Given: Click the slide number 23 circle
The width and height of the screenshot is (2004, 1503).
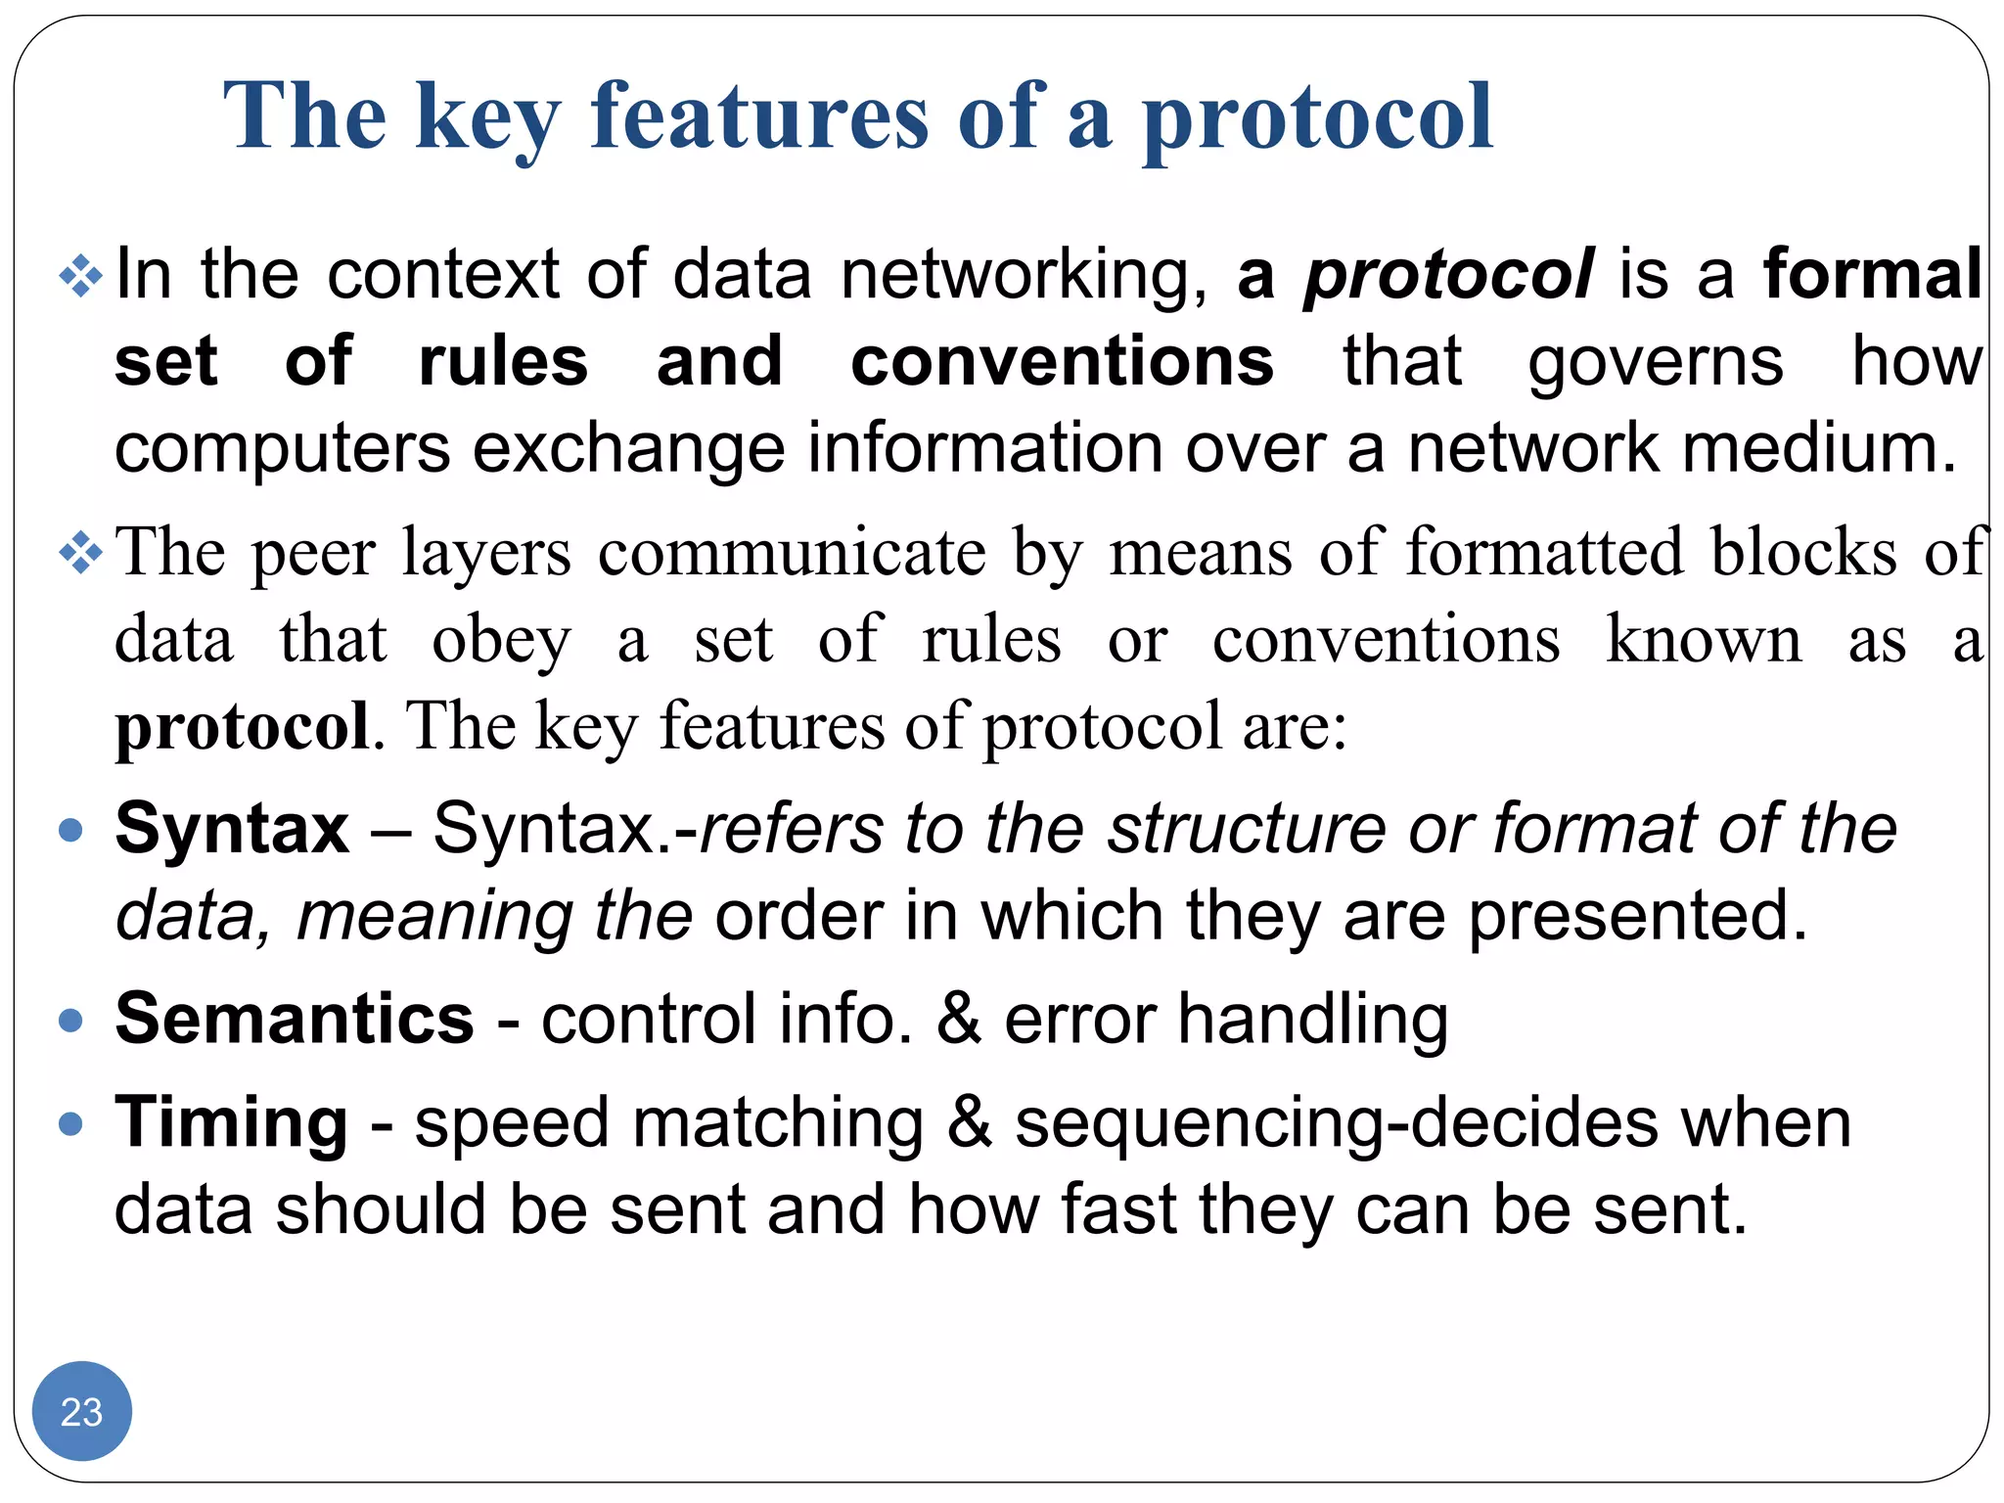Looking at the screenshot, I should click(81, 1411).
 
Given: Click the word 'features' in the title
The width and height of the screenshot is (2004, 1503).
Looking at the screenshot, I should click(759, 116).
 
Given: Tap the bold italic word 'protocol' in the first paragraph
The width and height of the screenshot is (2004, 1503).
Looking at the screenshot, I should click(1448, 275).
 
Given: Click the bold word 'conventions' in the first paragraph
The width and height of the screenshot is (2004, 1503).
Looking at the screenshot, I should click(1062, 361).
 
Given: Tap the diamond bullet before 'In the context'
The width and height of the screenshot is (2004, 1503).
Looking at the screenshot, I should click(80, 276).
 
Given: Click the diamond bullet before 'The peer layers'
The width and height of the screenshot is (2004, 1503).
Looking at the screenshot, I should click(80, 555).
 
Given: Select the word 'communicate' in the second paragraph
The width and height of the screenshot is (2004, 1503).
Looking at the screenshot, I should click(792, 554).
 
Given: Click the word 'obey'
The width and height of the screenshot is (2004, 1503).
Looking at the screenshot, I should click(501, 642).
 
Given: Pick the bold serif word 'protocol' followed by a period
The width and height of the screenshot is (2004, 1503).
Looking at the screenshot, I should click(243, 726).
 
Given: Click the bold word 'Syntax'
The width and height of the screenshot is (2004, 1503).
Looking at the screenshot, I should click(232, 829).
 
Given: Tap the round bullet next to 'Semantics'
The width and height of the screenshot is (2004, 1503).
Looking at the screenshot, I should click(70, 1021).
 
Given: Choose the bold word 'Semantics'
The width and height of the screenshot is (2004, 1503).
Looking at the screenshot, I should click(295, 1019).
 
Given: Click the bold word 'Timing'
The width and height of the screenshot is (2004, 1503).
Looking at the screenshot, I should click(231, 1122).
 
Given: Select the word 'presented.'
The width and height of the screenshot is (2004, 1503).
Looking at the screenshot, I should click(1637, 916).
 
